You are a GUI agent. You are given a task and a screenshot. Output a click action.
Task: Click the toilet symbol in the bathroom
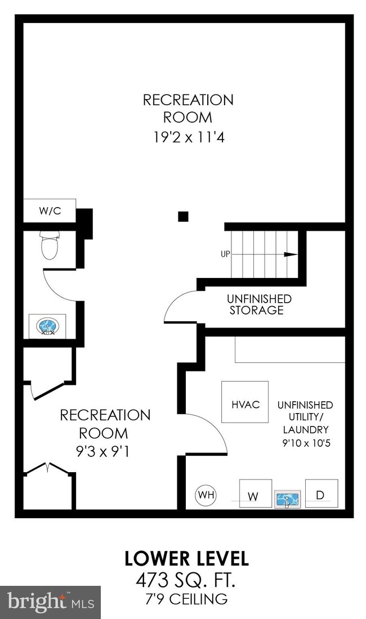tap(50, 246)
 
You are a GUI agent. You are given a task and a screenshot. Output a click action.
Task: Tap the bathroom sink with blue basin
tap(47, 326)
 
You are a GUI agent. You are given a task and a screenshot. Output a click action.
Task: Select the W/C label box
tap(50, 211)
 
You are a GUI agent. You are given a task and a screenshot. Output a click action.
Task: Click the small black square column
tap(182, 216)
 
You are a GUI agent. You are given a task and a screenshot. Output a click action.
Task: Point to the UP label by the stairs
tap(225, 254)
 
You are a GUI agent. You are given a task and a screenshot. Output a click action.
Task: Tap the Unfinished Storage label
tap(259, 304)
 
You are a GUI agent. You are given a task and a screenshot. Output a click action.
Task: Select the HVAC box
tap(245, 402)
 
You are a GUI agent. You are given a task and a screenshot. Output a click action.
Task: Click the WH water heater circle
tap(206, 495)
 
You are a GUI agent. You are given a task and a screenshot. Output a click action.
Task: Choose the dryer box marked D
tap(321, 495)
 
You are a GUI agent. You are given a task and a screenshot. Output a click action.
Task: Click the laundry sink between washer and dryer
tap(288, 499)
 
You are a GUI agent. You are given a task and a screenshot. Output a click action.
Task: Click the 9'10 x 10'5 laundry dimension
tap(305, 443)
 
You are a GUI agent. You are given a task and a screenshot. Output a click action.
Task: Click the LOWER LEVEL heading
tap(186, 559)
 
